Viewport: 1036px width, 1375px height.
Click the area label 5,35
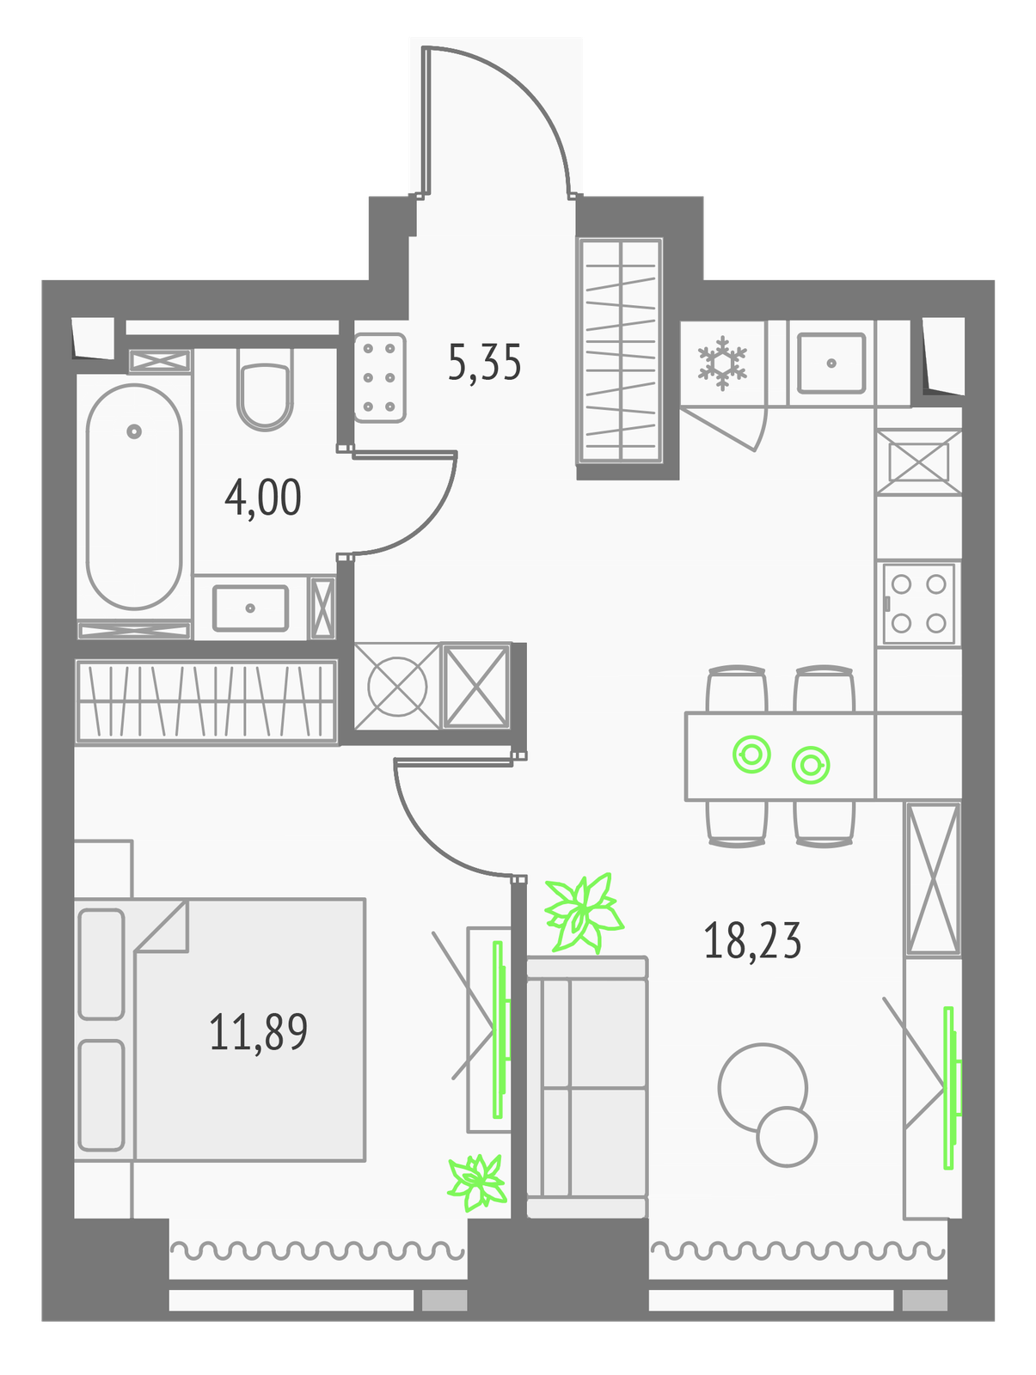click(x=484, y=364)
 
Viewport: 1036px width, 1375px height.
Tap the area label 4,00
click(x=262, y=498)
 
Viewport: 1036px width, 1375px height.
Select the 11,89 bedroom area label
click(x=258, y=1032)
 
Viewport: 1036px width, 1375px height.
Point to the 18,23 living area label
click(x=752, y=940)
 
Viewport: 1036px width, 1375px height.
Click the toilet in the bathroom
click(x=265, y=388)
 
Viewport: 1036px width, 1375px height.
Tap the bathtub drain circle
click(x=133, y=431)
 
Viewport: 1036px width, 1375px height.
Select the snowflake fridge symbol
click(x=722, y=364)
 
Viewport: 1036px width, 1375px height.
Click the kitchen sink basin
click(x=831, y=364)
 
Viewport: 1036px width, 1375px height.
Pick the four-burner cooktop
click(x=918, y=604)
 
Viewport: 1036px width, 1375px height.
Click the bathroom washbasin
click(x=250, y=608)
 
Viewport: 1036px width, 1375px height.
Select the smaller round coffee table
click(x=786, y=1136)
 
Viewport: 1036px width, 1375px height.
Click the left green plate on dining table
click(x=751, y=755)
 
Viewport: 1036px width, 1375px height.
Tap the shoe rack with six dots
click(x=379, y=378)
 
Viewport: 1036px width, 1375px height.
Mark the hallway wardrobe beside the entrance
click(x=620, y=351)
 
